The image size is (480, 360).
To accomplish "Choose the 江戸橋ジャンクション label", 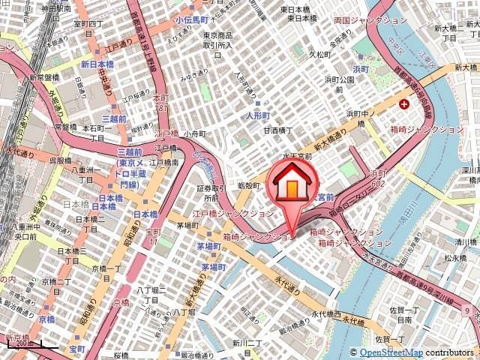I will pyautogui.click(x=223, y=214).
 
